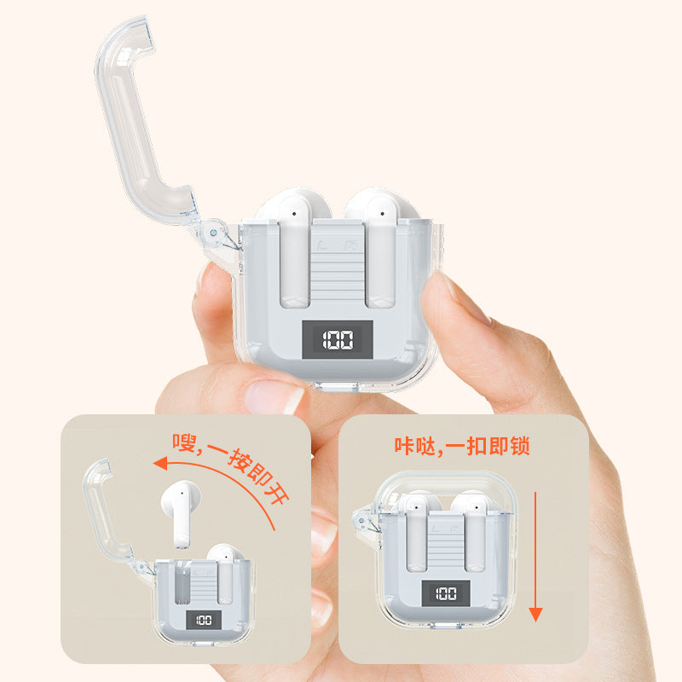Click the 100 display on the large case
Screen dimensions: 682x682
pyautogui.click(x=338, y=339)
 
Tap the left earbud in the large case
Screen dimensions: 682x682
pyautogui.click(x=294, y=248)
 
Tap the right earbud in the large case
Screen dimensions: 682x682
pyautogui.click(x=381, y=248)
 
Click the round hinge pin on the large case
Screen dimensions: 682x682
pyautogui.click(x=213, y=233)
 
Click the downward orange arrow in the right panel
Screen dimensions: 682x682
pyautogui.click(x=535, y=557)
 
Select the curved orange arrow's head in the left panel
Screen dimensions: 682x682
pyautogui.click(x=161, y=463)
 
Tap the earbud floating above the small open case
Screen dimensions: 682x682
pyautogui.click(x=181, y=513)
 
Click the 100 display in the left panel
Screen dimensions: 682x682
pyautogui.click(x=204, y=620)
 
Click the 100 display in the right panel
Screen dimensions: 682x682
pyautogui.click(x=446, y=592)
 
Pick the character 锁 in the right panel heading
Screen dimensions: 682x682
pyautogui.click(x=520, y=446)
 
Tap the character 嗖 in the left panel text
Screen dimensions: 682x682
pyautogui.click(x=184, y=442)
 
